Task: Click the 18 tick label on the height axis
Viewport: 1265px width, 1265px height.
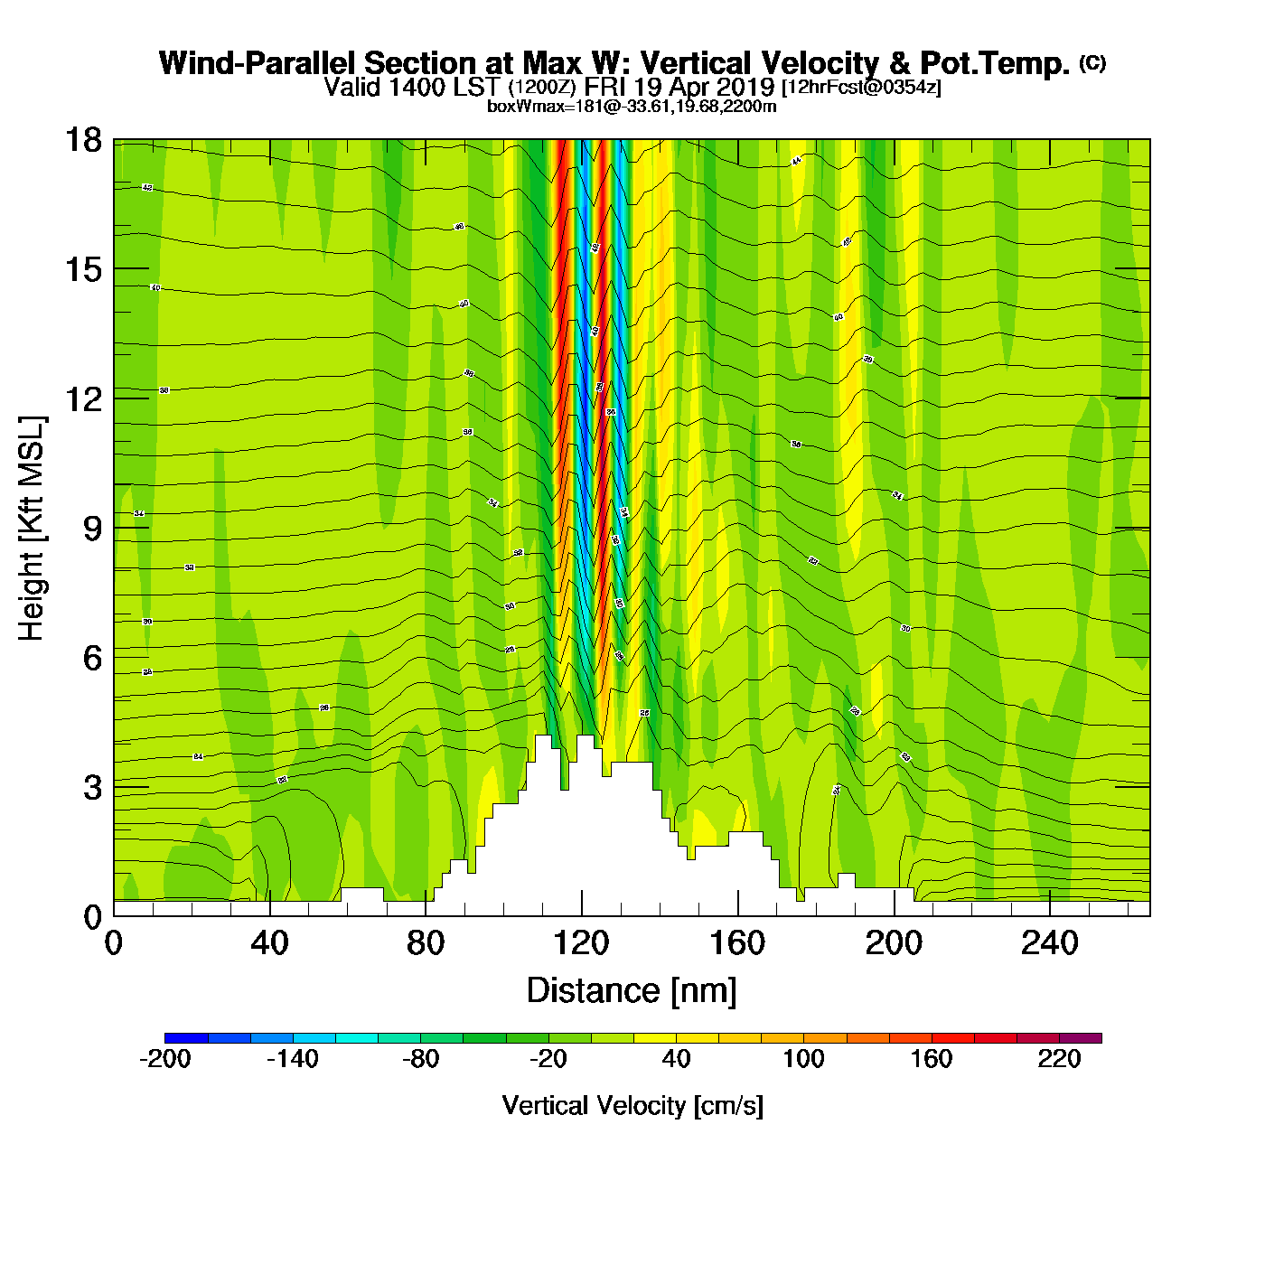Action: pyautogui.click(x=82, y=140)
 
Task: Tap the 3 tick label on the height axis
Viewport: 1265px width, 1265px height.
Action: pyautogui.click(x=93, y=787)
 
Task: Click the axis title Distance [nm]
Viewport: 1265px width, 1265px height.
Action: pyautogui.click(x=632, y=991)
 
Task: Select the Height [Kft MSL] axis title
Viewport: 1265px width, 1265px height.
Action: pyautogui.click(x=32, y=529)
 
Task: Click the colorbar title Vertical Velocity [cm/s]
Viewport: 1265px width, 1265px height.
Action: pyautogui.click(x=632, y=1106)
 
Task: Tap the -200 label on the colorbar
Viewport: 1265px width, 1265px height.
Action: pyautogui.click(x=165, y=1059)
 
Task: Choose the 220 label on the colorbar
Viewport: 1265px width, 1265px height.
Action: pyautogui.click(x=1059, y=1059)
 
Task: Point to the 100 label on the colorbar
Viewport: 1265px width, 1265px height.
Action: pyautogui.click(x=803, y=1059)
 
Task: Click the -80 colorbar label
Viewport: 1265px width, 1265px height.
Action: pyautogui.click(x=420, y=1059)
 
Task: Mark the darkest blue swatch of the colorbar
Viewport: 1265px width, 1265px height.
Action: pyautogui.click(x=186, y=1038)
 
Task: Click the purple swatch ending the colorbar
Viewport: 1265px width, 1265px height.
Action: pyautogui.click(x=1081, y=1038)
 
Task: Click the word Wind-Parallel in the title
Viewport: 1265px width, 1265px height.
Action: pyautogui.click(x=258, y=63)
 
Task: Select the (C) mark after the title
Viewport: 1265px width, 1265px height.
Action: pyautogui.click(x=1092, y=62)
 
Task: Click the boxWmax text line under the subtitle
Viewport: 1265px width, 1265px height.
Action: pyautogui.click(x=632, y=106)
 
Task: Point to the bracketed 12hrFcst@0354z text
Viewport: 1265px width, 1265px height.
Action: pyautogui.click(x=861, y=88)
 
